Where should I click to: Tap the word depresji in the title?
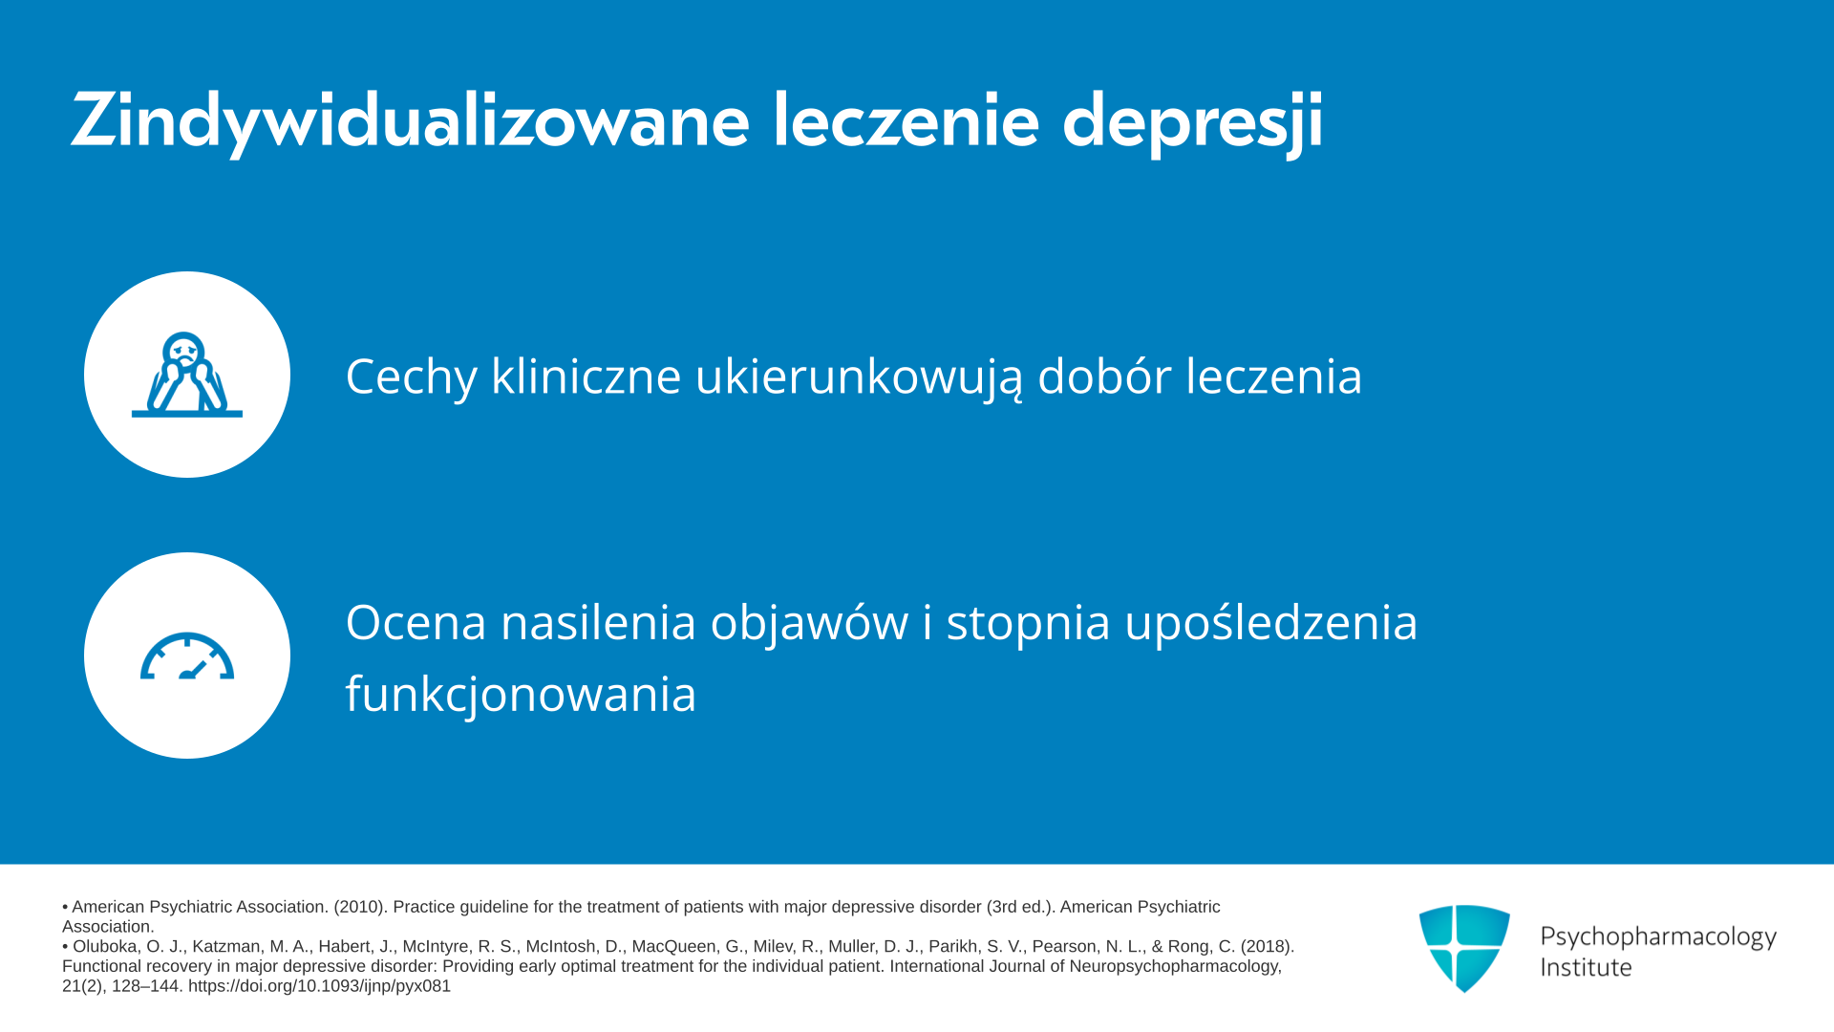pyautogui.click(x=1193, y=122)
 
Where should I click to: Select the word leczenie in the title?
pyautogui.click(x=906, y=120)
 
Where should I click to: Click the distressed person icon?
pyautogui.click(x=187, y=375)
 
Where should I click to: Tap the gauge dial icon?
pyautogui.click(x=187, y=656)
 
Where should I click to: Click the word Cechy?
pyautogui.click(x=411, y=376)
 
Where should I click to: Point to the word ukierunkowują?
pyautogui.click(x=859, y=376)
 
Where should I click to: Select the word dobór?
pyautogui.click(x=1104, y=375)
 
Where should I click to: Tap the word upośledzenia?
pyautogui.click(x=1271, y=623)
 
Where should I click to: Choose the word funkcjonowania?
pyautogui.click(x=521, y=694)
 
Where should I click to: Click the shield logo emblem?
pyautogui.click(x=1464, y=949)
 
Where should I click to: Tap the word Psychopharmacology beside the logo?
pyautogui.click(x=1658, y=936)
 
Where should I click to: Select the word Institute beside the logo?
pyautogui.click(x=1586, y=967)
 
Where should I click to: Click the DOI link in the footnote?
pyautogui.click(x=319, y=986)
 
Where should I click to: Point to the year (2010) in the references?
pyautogui.click(x=359, y=907)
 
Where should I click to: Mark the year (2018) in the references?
pyautogui.click(x=1268, y=946)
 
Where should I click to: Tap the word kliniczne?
pyautogui.click(x=586, y=375)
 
